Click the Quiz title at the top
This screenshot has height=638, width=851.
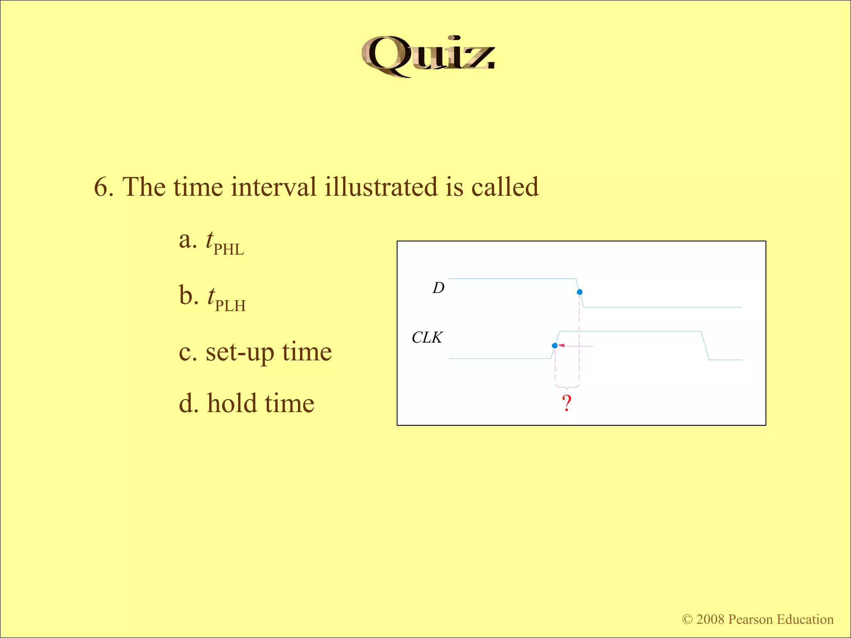[428, 56]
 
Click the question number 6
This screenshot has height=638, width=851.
[103, 187]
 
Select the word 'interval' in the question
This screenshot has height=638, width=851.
[274, 187]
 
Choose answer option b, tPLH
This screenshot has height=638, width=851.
[213, 298]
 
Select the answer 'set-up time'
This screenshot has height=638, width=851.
[255, 352]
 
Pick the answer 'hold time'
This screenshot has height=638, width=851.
[247, 404]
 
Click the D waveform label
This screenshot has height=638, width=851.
[438, 288]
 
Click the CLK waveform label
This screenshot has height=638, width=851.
[427, 338]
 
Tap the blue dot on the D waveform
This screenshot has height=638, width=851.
[580, 292]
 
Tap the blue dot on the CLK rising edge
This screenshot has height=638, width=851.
[555, 346]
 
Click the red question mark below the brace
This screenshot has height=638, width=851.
[567, 403]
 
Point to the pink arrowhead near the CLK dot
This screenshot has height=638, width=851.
[561, 346]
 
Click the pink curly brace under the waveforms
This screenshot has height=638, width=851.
[567, 387]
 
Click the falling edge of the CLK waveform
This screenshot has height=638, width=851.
[705, 346]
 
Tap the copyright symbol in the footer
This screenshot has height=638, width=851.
[687, 619]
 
